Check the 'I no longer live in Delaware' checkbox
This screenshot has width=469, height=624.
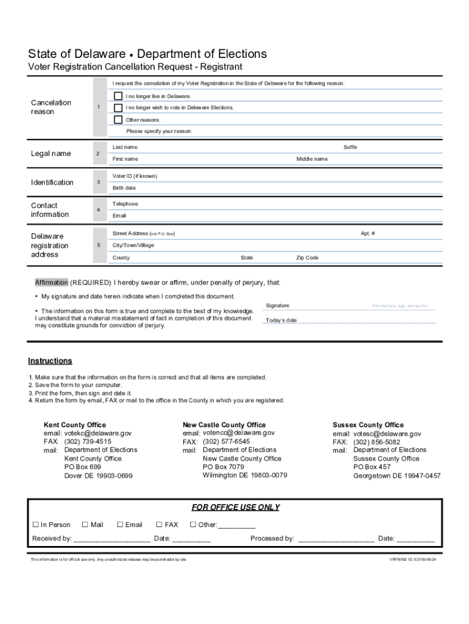click(118, 96)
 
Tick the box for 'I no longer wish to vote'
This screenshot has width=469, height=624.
click(118, 107)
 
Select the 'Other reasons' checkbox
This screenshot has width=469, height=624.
click(118, 119)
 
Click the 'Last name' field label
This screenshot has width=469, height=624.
click(125, 147)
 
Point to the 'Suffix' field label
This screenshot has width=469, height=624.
click(350, 147)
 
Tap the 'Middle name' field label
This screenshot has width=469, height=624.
click(312, 159)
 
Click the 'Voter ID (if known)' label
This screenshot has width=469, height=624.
click(135, 176)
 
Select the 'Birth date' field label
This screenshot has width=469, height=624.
click(124, 188)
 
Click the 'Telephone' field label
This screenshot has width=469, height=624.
click(125, 204)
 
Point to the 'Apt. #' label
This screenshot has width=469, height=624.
click(367, 233)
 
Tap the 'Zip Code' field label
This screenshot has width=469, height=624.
click(307, 258)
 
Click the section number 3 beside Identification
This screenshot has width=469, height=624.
click(98, 182)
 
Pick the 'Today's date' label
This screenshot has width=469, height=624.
click(281, 321)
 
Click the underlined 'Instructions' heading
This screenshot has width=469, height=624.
click(50, 361)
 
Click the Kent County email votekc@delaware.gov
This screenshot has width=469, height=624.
click(97, 433)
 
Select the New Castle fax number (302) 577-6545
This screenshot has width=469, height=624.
click(226, 441)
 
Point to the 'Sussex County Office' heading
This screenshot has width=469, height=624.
click(368, 425)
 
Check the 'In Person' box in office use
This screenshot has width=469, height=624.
click(35, 525)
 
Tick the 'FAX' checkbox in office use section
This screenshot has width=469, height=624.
click(159, 525)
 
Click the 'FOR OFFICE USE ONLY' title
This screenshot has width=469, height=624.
click(235, 507)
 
